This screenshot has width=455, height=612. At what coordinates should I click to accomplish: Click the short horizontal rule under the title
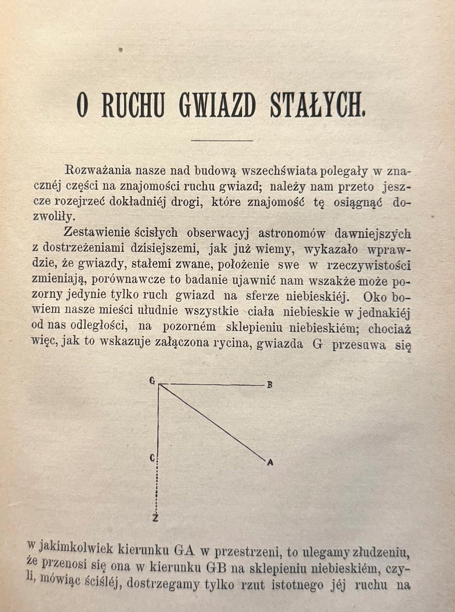tap(222, 140)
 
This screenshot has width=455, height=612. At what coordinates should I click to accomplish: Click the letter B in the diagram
tap(270, 385)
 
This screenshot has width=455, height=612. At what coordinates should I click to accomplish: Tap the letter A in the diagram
tap(270, 463)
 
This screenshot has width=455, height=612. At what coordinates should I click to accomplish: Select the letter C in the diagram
tap(152, 458)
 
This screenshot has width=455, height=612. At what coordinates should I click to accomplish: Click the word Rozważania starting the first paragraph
tap(96, 171)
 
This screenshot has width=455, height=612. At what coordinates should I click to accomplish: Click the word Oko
tap(373, 296)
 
